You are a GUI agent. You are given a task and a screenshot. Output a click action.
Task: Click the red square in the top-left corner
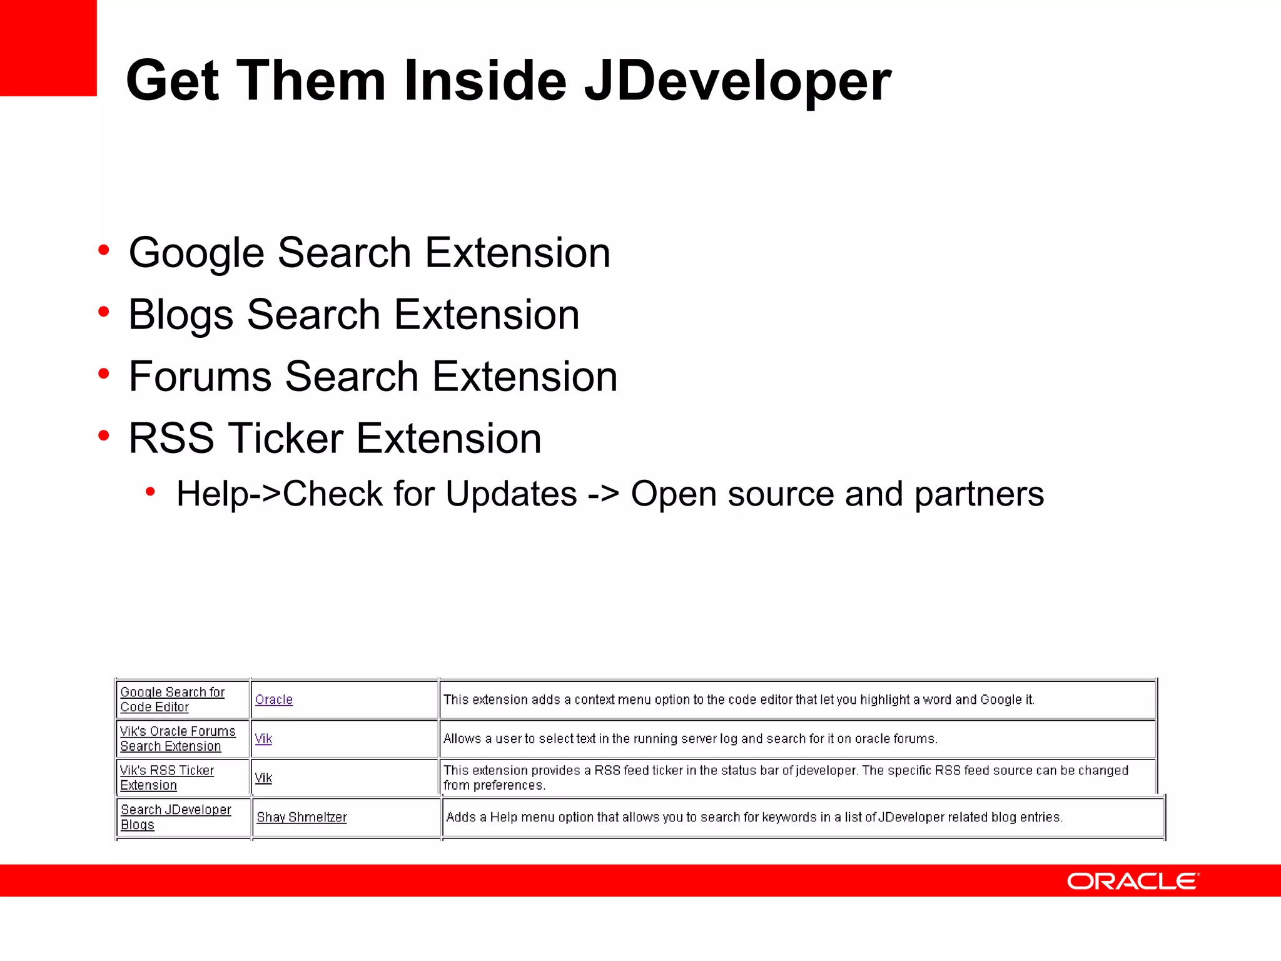coord(48,48)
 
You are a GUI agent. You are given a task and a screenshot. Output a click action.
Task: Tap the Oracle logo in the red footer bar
coord(1133,881)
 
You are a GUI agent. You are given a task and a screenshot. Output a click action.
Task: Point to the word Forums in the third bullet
coord(200,377)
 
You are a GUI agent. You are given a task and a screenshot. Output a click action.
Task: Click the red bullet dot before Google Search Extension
coord(104,251)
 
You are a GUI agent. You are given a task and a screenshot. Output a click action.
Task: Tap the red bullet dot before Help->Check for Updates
coord(150,492)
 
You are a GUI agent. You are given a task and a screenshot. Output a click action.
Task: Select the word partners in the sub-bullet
coord(979,494)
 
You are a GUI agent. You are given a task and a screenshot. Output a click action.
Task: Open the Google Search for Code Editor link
coord(172,699)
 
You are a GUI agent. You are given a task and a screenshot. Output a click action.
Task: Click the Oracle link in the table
coord(274,699)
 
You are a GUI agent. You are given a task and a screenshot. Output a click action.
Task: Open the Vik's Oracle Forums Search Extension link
coord(178,739)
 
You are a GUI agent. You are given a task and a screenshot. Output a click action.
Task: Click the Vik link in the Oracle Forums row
coord(263,739)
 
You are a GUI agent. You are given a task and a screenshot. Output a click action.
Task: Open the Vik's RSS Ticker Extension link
coord(167,778)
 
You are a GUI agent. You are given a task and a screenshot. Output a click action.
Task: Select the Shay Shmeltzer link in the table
coord(301,817)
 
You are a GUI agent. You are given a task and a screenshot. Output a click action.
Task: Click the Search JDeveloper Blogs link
coord(176,817)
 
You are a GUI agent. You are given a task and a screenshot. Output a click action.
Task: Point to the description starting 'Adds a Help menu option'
coord(754,817)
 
